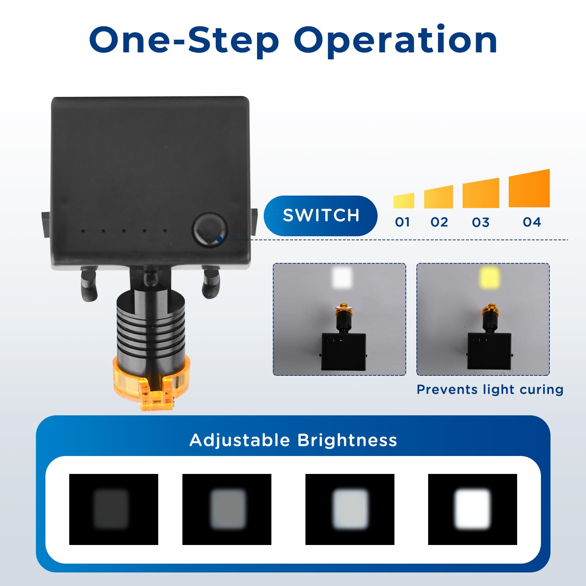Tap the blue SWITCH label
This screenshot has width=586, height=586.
click(320, 215)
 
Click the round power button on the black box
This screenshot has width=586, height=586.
click(210, 230)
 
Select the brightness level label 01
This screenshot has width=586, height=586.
click(403, 222)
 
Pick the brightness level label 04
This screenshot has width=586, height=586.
click(532, 222)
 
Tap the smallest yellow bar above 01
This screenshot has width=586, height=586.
click(404, 201)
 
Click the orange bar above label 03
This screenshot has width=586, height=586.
click(481, 193)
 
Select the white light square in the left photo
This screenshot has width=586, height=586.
click(342, 277)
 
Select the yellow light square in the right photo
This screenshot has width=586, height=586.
click(490, 277)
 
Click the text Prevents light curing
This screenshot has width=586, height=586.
click(490, 390)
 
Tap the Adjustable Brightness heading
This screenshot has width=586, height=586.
click(293, 440)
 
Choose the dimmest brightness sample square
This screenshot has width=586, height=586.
click(114, 509)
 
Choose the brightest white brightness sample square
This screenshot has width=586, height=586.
click(472, 509)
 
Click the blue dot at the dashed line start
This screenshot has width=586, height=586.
click(219, 239)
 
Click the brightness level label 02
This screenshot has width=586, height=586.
click(439, 222)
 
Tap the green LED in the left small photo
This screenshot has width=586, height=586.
click(341, 340)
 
